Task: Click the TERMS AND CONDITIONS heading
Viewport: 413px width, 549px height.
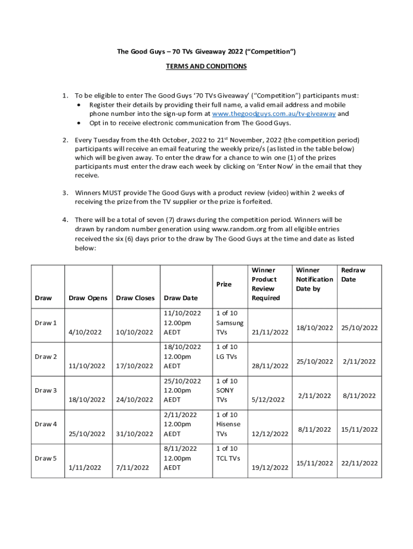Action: [206, 66]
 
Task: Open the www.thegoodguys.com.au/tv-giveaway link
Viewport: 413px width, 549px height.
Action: [274, 114]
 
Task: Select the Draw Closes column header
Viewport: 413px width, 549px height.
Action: [135, 298]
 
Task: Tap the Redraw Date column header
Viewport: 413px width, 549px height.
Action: [353, 275]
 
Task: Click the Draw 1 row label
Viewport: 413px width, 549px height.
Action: [46, 323]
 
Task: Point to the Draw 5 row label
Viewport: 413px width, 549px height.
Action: [46, 458]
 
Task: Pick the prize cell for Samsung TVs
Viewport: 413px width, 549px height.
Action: [229, 323]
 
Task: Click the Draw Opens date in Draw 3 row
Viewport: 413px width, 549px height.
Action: [86, 399]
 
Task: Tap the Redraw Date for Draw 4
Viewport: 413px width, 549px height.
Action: [359, 429]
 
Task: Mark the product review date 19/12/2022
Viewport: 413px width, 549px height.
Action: [270, 468]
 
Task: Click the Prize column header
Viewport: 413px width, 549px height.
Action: [224, 284]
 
